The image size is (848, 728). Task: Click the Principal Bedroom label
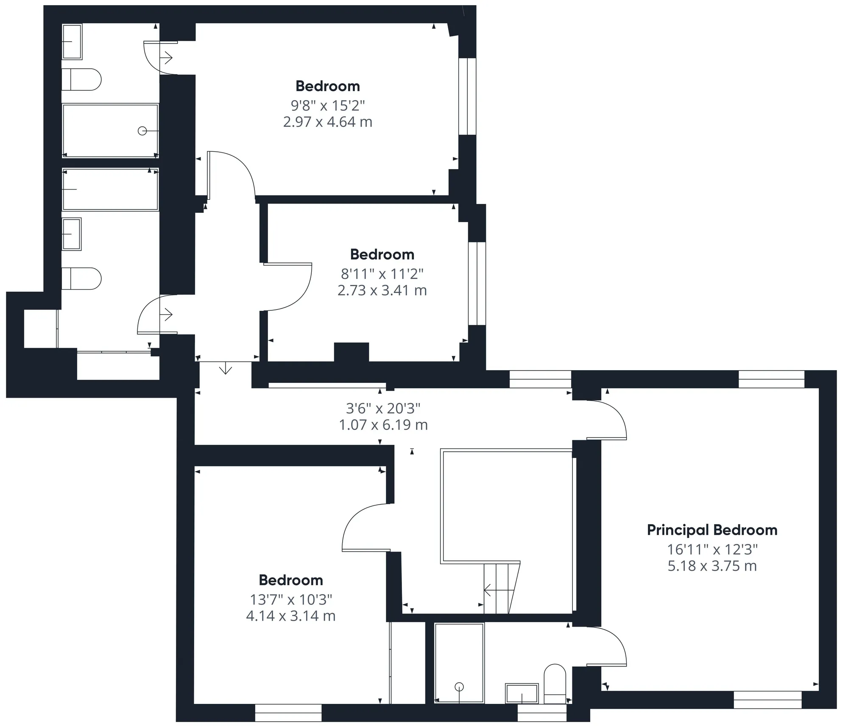[x=712, y=530]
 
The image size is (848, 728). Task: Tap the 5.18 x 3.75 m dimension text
[x=712, y=566]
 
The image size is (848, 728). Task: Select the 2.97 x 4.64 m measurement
[x=328, y=122]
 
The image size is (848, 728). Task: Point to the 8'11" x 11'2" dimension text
[x=382, y=273]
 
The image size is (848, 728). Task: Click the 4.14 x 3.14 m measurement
[x=291, y=615]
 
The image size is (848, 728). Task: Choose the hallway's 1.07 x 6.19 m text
[x=383, y=424]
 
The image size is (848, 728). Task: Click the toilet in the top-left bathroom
[x=81, y=79]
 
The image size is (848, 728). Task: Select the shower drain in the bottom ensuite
[x=459, y=686]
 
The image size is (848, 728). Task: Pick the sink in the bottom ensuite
[x=522, y=693]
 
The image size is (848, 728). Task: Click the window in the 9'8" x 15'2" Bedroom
[x=467, y=96]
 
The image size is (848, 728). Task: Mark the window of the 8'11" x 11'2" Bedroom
[x=477, y=284]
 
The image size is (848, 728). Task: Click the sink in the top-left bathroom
[x=72, y=42]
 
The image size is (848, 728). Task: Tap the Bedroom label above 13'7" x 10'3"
[x=291, y=580]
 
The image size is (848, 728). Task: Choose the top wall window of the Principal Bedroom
[x=771, y=379]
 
